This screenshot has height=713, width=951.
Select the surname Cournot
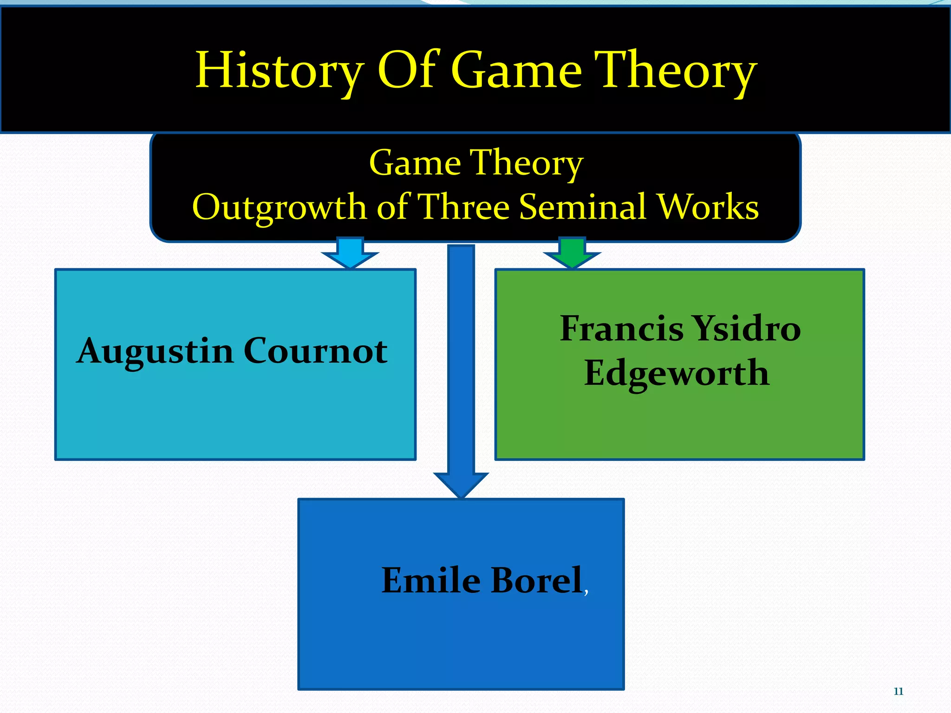tap(315, 351)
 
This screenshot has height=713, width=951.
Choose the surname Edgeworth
tap(677, 373)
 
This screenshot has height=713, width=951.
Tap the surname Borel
tap(537, 580)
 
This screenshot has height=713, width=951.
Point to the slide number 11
tap(898, 692)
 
